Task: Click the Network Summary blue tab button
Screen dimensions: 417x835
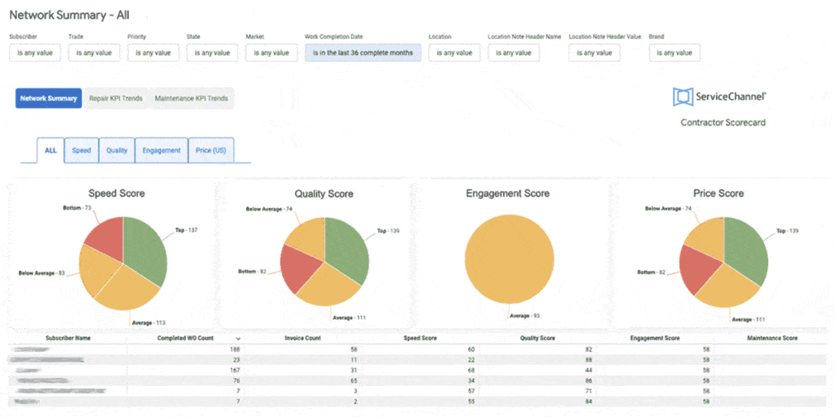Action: tap(48, 99)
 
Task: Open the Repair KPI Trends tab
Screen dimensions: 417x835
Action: tap(116, 99)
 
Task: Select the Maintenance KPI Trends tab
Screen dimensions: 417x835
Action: tap(191, 99)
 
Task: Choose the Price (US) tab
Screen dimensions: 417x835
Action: tap(211, 150)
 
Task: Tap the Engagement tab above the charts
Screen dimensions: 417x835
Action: tap(161, 150)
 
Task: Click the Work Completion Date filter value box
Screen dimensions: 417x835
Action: tap(364, 53)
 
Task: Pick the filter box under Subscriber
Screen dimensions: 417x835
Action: tap(35, 53)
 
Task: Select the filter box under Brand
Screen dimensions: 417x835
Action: tap(674, 53)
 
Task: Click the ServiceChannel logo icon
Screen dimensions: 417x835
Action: tap(682, 97)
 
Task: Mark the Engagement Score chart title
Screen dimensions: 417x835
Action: tap(507, 193)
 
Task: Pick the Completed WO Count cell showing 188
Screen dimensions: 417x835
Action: tap(234, 349)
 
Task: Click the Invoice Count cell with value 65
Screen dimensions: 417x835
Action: tap(352, 380)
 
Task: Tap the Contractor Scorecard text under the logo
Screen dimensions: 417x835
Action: tap(722, 122)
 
